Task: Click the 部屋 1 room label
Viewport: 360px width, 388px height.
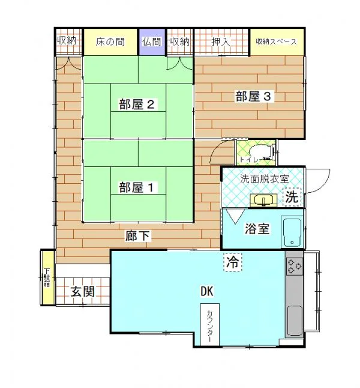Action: tap(136, 187)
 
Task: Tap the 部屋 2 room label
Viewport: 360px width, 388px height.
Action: tap(137, 105)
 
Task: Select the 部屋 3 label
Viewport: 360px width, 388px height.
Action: tap(253, 96)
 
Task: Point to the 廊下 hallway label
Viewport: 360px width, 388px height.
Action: tap(137, 236)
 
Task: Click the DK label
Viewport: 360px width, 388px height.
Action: tap(207, 291)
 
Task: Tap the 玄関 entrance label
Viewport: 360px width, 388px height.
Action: tap(83, 291)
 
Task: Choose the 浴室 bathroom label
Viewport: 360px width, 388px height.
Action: tap(257, 229)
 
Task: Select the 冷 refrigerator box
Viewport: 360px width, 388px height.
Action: tap(233, 262)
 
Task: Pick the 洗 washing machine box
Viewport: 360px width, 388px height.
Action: tap(292, 197)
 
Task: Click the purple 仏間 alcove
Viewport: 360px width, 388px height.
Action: tap(152, 42)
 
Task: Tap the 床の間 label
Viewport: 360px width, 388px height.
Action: tap(110, 41)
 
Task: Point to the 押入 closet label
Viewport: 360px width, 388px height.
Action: tap(221, 41)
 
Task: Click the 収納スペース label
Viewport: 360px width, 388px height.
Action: tap(276, 41)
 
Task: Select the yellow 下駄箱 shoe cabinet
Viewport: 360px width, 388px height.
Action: tap(47, 277)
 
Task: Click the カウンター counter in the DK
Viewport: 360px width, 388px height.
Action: tap(209, 324)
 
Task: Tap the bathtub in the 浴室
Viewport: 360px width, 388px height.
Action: tap(292, 232)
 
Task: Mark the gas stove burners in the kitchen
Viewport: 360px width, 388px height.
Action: tap(295, 266)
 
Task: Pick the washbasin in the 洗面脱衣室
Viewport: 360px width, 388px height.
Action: tap(263, 200)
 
